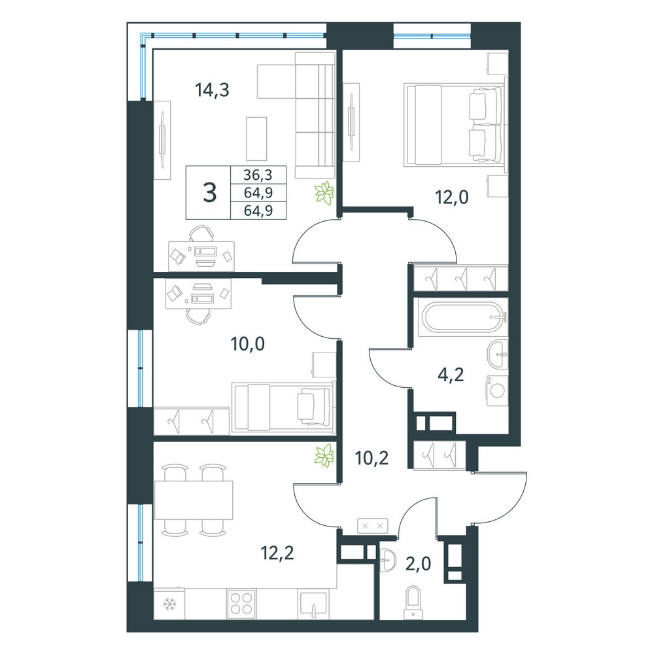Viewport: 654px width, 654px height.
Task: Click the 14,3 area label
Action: tap(213, 90)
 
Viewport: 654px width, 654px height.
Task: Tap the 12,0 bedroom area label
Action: tap(452, 196)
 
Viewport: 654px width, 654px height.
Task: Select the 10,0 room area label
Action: tap(248, 344)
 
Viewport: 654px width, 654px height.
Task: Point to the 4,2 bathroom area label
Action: tap(451, 375)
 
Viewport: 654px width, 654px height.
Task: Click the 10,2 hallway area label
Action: tap(371, 458)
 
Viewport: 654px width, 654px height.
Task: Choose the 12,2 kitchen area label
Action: tap(277, 553)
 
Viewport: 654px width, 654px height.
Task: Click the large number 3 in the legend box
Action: tap(209, 193)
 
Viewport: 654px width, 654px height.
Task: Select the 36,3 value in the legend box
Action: tap(258, 175)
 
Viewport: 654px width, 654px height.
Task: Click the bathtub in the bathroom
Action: tap(462, 317)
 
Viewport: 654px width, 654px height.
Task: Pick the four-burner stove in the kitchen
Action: tap(241, 604)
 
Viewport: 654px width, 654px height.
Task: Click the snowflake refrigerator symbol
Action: tap(169, 603)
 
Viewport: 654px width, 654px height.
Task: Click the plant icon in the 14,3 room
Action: tap(324, 193)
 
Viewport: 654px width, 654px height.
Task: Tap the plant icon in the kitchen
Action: tap(325, 455)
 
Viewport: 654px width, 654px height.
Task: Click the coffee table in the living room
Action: tap(256, 139)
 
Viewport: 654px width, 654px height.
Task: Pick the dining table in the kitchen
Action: tap(194, 500)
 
